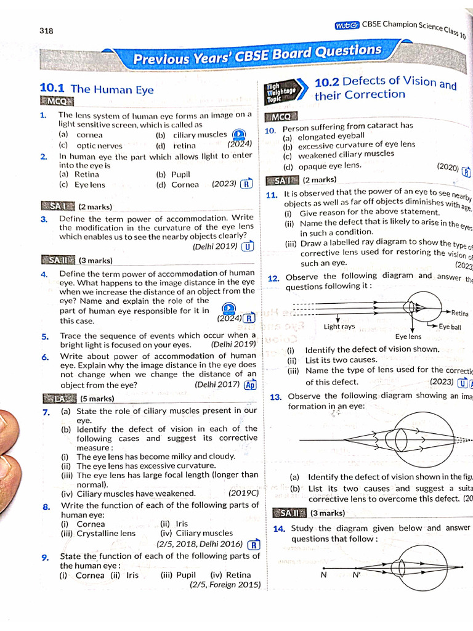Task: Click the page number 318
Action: (47, 31)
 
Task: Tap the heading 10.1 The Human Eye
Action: (96, 89)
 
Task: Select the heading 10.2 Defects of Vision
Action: (385, 89)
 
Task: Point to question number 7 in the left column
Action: (47, 412)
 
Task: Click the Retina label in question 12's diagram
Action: (459, 313)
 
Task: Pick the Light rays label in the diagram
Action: (339, 327)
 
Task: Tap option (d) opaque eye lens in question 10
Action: (322, 166)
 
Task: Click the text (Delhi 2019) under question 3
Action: (215, 246)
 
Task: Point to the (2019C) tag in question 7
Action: (243, 494)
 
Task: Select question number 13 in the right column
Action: (276, 396)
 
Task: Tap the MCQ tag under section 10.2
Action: (280, 116)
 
